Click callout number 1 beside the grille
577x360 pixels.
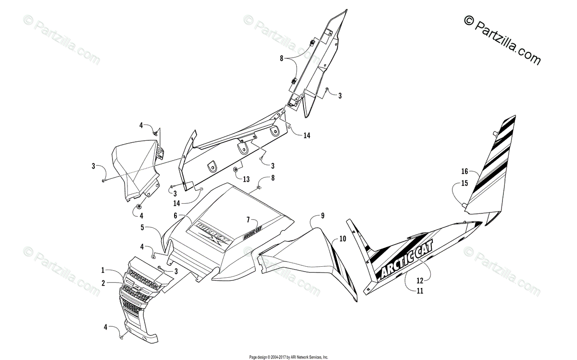[x=103, y=271]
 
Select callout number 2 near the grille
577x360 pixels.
[x=103, y=283]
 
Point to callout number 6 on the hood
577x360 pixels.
[x=176, y=216]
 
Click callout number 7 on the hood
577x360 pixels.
[x=248, y=220]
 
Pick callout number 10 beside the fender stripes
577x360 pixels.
[x=342, y=238]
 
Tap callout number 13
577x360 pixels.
[x=246, y=179]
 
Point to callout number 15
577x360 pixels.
[x=464, y=183]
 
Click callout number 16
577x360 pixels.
[x=464, y=171]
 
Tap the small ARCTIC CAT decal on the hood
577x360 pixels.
[x=252, y=235]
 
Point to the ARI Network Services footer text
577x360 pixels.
[x=288, y=357]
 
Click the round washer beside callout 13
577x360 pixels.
[x=236, y=170]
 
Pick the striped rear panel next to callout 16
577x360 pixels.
[x=490, y=163]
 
